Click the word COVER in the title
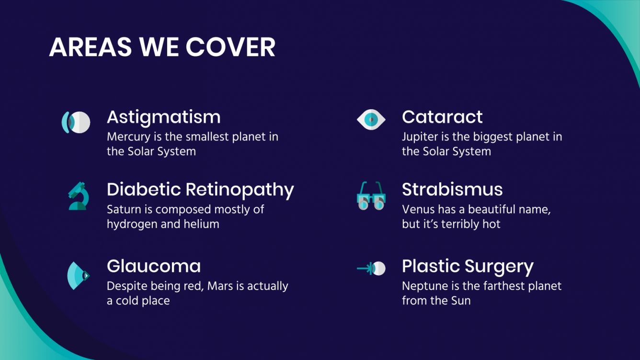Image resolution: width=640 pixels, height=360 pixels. click(230, 47)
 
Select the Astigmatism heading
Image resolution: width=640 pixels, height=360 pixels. click(163, 117)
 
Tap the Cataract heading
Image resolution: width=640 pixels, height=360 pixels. click(442, 117)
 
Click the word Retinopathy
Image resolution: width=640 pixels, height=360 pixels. click(240, 190)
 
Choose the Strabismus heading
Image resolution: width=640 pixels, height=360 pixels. click(452, 190)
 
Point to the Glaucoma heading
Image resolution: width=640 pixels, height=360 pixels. click(153, 266)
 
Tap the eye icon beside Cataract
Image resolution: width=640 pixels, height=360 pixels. click(371, 119)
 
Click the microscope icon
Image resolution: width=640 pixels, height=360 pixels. click(77, 196)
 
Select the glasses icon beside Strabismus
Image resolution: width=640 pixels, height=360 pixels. click(371, 196)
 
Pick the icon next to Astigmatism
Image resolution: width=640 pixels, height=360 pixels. click(76, 122)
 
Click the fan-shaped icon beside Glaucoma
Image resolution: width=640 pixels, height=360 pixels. click(78, 275)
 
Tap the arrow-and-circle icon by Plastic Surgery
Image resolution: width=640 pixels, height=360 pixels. click(371, 269)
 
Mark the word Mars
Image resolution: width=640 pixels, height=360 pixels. click(220, 286)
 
